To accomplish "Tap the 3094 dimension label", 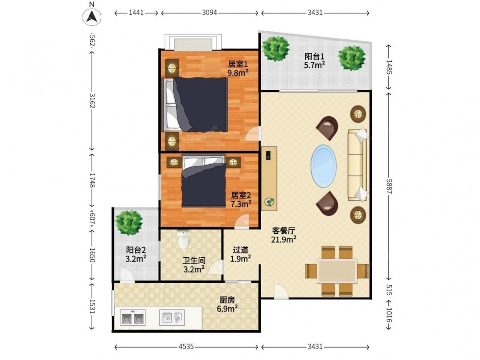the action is coord(209,12).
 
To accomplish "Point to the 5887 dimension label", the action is coord(389,186).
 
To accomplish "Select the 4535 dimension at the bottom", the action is coord(186,347).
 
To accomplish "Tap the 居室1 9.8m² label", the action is coord(238,68).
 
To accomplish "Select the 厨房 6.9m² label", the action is coord(227,304).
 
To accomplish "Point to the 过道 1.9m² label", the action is coord(240,254).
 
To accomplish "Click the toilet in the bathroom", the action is coord(184,239).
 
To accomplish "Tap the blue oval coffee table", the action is coord(324,166).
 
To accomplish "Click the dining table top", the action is coord(337,271).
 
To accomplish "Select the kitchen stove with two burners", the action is coord(132,317).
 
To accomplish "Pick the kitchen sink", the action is coord(172,317).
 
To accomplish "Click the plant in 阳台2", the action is coord(129,223).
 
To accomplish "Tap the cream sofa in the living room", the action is coord(358,165).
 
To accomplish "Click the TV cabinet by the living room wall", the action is coord(269,179).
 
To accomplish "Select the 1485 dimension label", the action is coord(389,67).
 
